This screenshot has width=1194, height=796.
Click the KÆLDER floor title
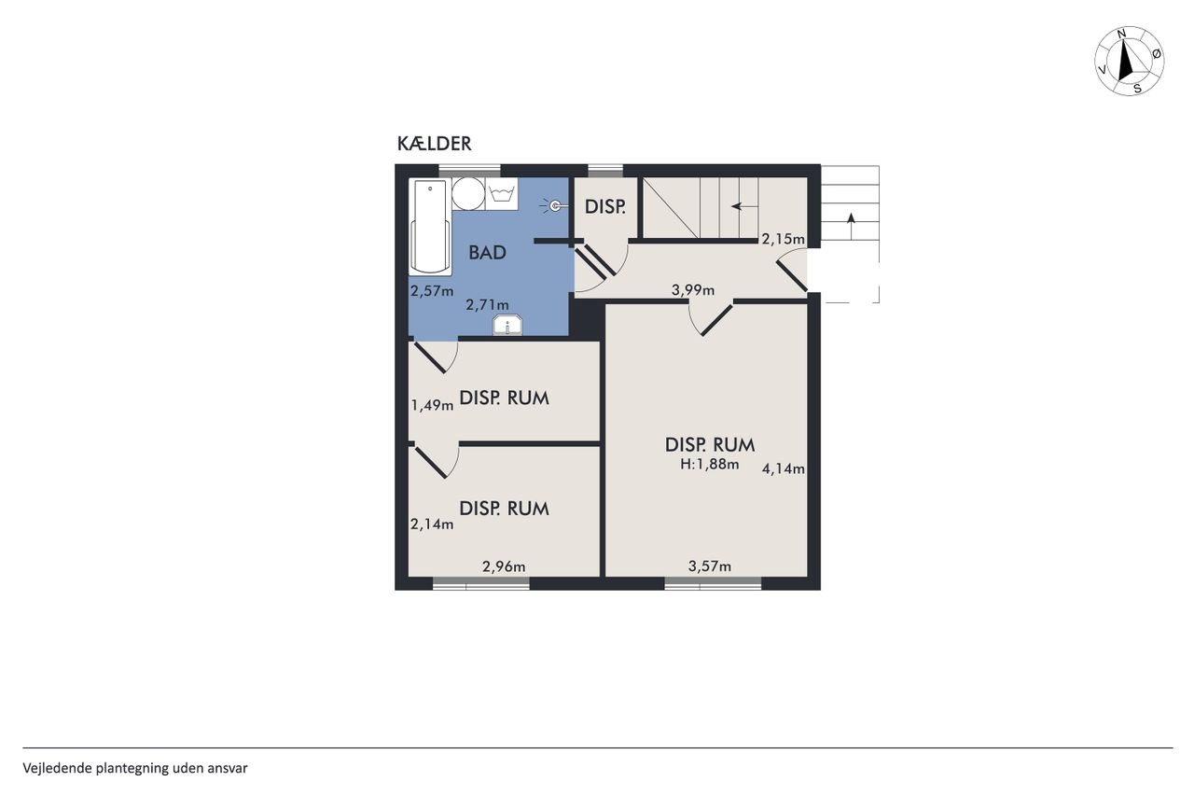click(434, 144)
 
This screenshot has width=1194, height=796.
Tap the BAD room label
click(487, 253)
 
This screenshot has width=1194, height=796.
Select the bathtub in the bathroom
click(430, 228)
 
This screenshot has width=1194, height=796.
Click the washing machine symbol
click(502, 194)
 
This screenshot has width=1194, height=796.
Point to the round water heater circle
click(468, 193)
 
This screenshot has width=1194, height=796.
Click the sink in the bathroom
click(507, 326)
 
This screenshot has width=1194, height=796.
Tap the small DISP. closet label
click(605, 207)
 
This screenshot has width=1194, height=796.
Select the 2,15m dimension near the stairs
click(783, 239)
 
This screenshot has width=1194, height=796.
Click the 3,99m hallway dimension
click(693, 290)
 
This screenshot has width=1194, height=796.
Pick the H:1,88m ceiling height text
click(710, 465)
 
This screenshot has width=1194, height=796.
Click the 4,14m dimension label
click(783, 468)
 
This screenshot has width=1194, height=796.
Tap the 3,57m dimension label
click(710, 566)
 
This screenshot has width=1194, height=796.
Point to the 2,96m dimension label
click(504, 566)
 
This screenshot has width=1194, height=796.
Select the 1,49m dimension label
click(432, 406)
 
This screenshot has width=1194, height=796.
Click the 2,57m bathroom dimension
click(432, 291)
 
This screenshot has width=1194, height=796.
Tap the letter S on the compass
click(1137, 89)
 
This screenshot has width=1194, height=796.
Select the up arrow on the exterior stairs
click(851, 226)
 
